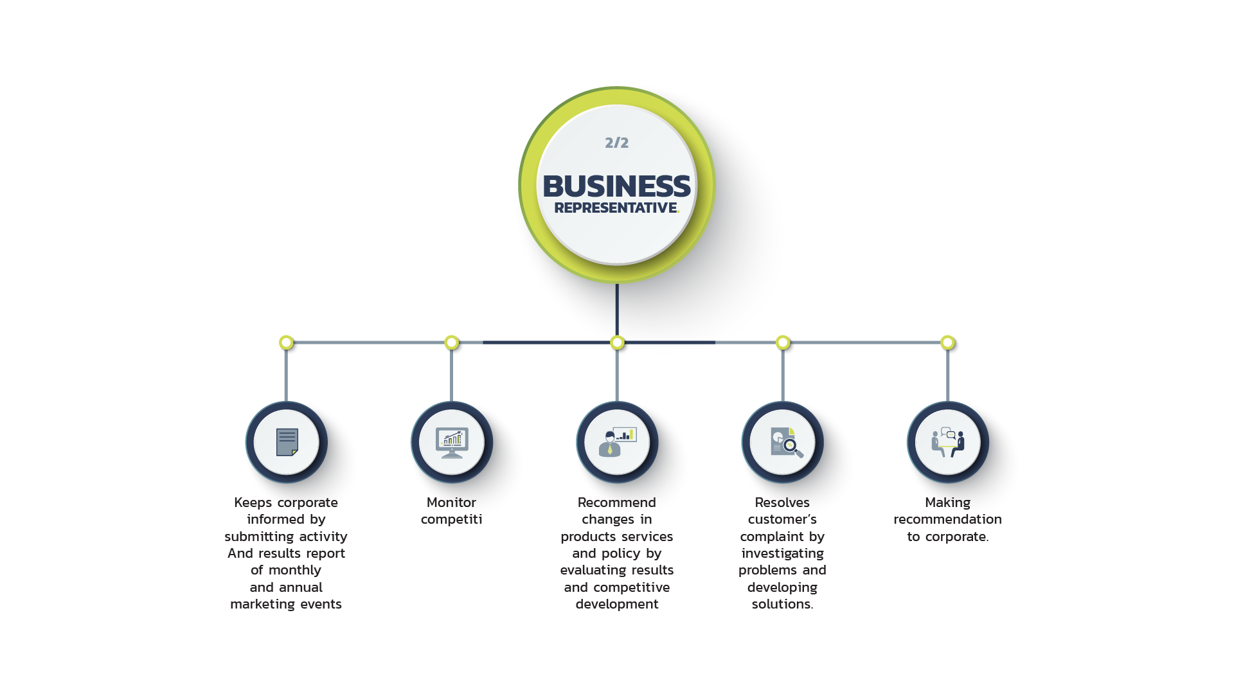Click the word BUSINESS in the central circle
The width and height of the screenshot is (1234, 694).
616,186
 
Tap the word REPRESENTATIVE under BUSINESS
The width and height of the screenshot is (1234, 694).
615,208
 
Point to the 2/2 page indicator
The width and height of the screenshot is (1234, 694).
616,143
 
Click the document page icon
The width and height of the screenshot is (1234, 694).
287,442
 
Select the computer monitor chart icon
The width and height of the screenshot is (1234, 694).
452,442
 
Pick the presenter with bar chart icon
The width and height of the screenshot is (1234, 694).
617,442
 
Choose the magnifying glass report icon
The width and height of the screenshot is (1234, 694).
783,442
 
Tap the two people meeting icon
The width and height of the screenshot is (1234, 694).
948,442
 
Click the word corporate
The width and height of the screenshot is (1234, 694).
307,503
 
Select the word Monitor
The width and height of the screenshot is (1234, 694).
452,503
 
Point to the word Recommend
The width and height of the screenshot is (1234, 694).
617,503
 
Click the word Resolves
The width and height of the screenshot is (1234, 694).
783,503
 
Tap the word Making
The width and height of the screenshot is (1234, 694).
948,503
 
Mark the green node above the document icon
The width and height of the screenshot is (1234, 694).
287,343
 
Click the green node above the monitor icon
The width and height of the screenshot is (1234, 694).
452,343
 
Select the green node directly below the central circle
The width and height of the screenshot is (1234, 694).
617,343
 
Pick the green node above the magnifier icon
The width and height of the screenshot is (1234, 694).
783,343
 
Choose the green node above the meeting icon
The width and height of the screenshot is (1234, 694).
947,343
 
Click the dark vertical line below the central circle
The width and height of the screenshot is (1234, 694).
617,308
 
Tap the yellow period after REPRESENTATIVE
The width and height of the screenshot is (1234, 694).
678,211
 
